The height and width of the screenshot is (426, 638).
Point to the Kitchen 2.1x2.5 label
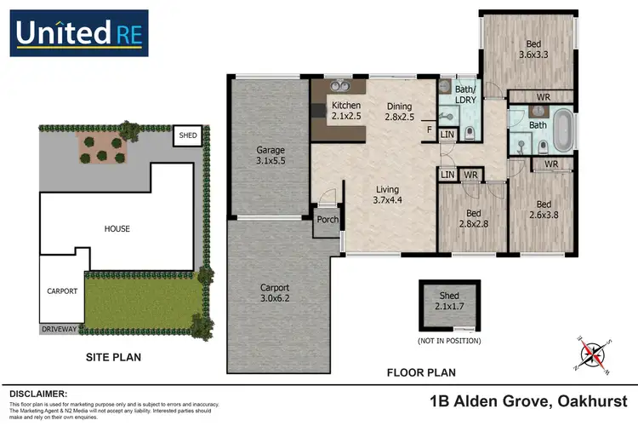[x=345, y=109]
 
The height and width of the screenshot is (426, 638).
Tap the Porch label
[x=328, y=220]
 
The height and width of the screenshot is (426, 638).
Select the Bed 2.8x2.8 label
[x=467, y=219]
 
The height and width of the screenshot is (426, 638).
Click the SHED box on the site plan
[x=185, y=135]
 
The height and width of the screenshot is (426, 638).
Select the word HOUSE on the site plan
[x=117, y=228]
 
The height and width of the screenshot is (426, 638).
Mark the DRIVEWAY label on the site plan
[x=60, y=327]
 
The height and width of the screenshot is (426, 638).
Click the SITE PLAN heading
[x=112, y=357]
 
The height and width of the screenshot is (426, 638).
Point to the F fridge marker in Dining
[x=430, y=130]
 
